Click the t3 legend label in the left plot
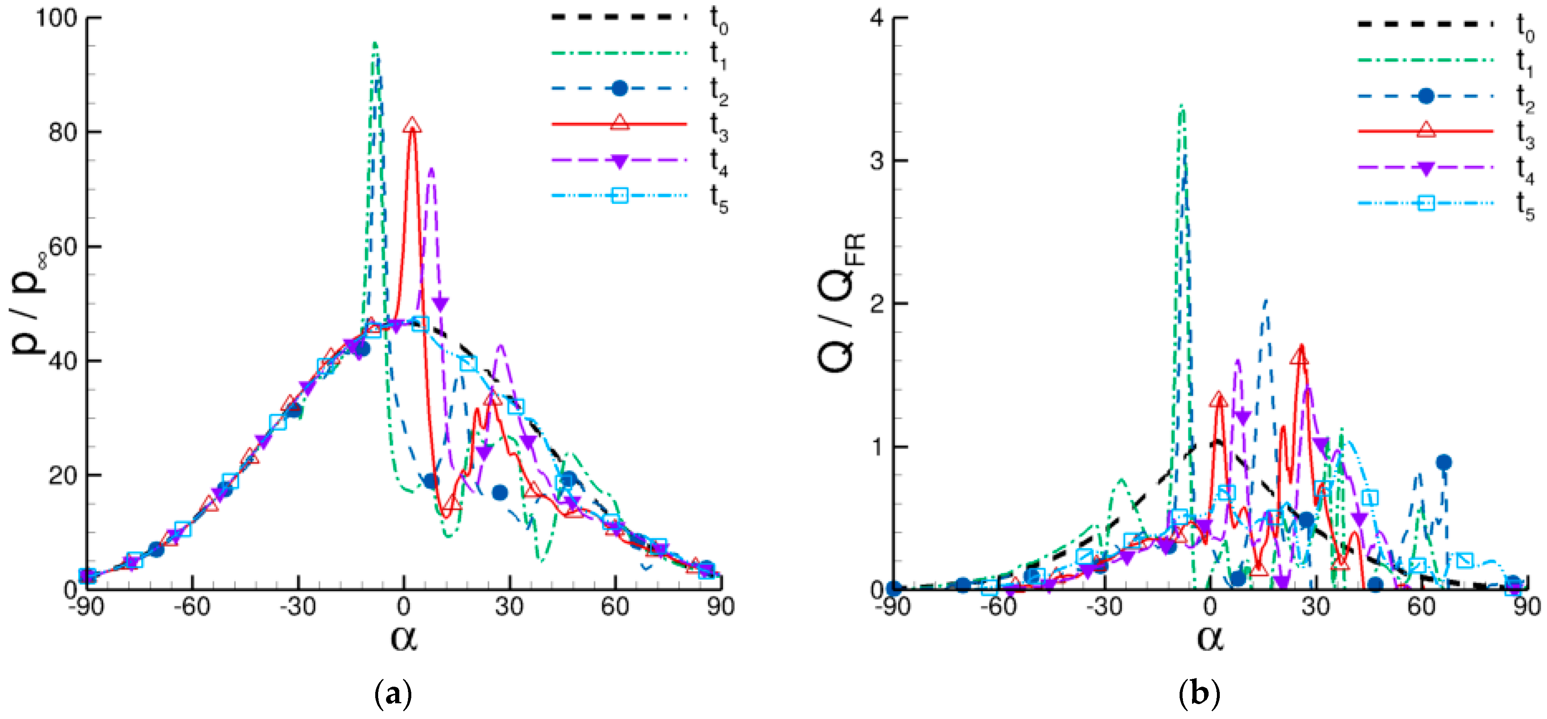[718, 127]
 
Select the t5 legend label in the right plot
[1524, 205]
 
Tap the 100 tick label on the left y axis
[57, 18]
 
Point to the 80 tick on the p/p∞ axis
[63, 132]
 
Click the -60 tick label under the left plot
[192, 607]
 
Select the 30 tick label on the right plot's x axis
[1315, 607]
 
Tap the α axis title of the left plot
[403, 637]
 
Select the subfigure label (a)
[393, 695]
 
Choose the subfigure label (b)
[1199, 695]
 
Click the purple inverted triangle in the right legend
[1426, 168]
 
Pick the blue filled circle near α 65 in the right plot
[1444, 462]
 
